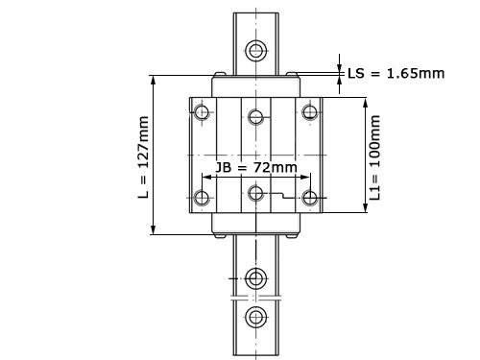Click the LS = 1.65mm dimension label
396,74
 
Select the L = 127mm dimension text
143,156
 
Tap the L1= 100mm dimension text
374,157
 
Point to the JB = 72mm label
256,167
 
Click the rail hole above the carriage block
256,50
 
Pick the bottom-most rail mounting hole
256,317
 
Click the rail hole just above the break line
256,278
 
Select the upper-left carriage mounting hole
202,112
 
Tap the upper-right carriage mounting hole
310,112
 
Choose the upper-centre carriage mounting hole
256,116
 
